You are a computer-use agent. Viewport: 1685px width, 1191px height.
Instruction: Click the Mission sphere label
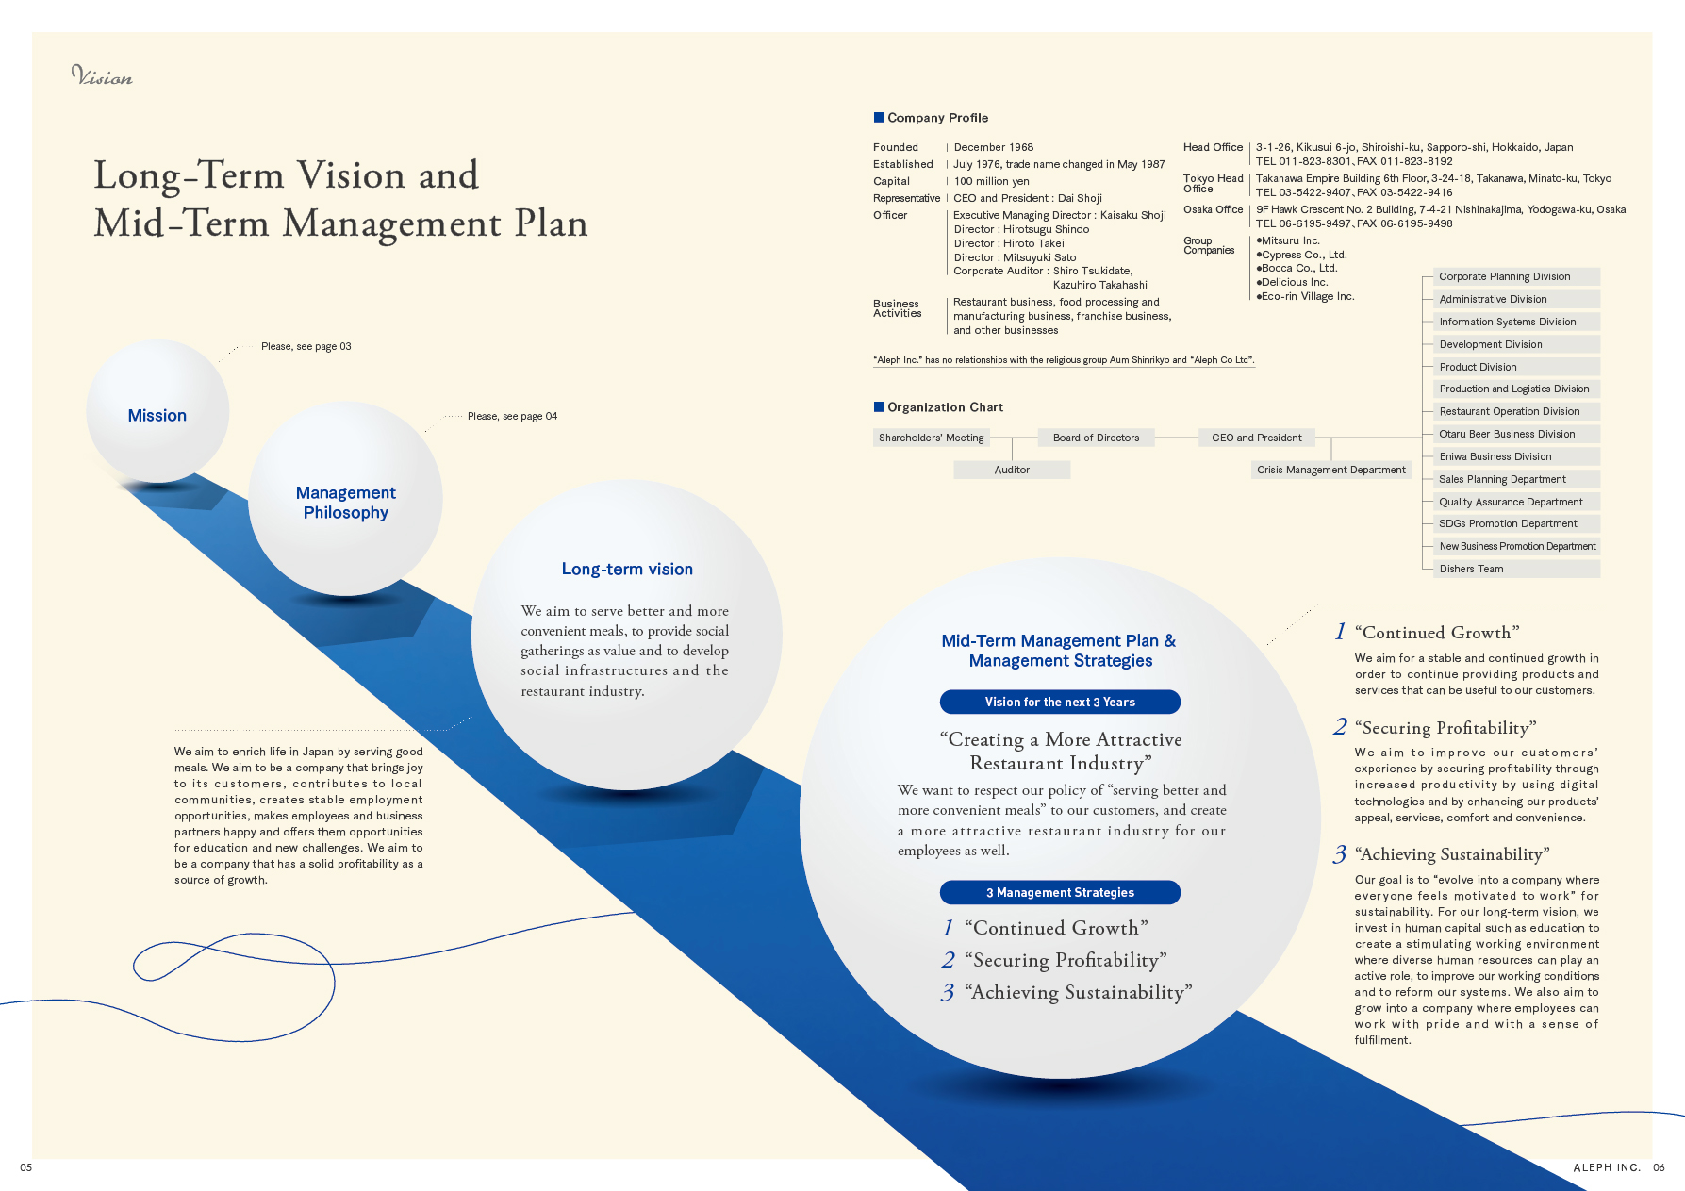pyautogui.click(x=157, y=416)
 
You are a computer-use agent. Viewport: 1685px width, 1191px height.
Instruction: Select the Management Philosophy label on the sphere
pyautogui.click(x=346, y=503)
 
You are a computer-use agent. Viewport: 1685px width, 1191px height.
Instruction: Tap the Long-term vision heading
pyautogui.click(x=627, y=570)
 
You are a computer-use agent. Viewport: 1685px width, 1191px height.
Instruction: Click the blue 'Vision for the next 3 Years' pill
pyautogui.click(x=1060, y=703)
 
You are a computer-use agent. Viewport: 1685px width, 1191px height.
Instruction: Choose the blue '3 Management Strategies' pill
pyautogui.click(x=1060, y=893)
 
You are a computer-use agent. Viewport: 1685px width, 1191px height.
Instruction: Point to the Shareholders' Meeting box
pyautogui.click(x=931, y=438)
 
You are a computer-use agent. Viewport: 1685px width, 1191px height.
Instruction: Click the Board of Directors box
pyautogui.click(x=1096, y=438)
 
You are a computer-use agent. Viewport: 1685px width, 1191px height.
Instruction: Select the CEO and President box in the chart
pyautogui.click(x=1256, y=438)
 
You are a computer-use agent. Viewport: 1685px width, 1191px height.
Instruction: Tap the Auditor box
pyautogui.click(x=1012, y=470)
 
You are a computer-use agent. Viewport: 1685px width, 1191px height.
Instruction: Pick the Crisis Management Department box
pyautogui.click(x=1330, y=470)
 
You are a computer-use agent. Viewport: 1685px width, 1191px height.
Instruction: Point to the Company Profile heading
pyautogui.click(x=937, y=118)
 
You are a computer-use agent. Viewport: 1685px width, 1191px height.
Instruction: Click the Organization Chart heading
pyautogui.click(x=945, y=407)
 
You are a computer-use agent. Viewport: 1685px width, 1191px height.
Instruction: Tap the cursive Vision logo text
pyautogui.click(x=102, y=76)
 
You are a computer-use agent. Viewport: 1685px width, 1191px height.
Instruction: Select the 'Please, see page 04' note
pyautogui.click(x=512, y=416)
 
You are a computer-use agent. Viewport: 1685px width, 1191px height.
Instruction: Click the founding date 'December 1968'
pyautogui.click(x=994, y=147)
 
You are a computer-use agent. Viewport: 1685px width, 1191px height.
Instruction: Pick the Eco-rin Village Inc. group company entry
pyautogui.click(x=1307, y=296)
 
